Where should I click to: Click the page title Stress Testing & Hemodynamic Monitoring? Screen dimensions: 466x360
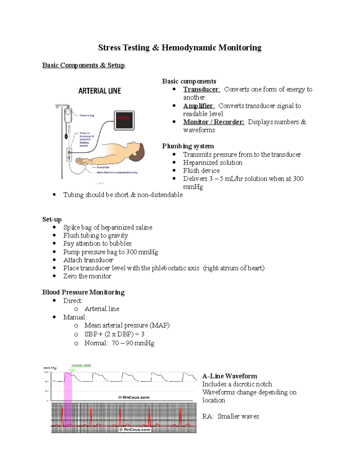click(180, 48)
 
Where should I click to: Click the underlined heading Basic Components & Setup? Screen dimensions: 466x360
click(83, 65)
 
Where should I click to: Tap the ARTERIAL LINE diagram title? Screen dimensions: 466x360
click(100, 91)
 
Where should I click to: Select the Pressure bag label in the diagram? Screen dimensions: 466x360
click(87, 116)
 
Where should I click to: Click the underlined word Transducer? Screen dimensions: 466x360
click(201, 89)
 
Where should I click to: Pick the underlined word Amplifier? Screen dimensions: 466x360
click(199, 106)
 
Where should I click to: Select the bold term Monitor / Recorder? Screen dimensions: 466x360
click(214, 122)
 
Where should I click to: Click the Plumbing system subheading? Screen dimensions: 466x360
click(188, 146)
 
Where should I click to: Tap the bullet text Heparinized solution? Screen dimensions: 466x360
click(212, 163)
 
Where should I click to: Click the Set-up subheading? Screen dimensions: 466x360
click(52, 219)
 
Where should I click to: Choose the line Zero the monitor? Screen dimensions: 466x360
click(87, 276)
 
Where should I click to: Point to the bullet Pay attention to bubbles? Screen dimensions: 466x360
click(97, 243)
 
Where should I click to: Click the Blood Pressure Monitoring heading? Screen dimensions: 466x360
click(83, 292)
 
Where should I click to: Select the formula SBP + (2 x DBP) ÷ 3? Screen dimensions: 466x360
click(114, 334)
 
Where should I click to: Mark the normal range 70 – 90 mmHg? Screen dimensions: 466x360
click(133, 343)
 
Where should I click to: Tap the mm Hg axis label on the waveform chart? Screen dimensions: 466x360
click(50, 368)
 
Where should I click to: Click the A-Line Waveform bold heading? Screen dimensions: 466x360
click(229, 376)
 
